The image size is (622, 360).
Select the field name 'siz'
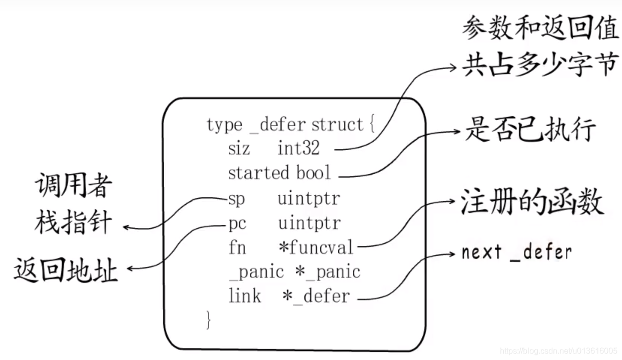pos(239,148)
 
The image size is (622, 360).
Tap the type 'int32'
pos(299,148)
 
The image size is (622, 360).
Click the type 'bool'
pos(314,173)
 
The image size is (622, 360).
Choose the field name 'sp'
pos(237,199)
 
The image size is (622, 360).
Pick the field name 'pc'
pos(237,223)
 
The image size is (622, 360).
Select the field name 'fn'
pos(237,247)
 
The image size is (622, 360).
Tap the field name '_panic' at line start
pos(256,272)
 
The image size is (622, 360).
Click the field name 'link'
pos(245,296)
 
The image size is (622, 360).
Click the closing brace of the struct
pos(209,320)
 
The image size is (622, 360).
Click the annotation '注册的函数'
pos(532,203)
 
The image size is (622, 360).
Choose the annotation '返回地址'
pos(66,271)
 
